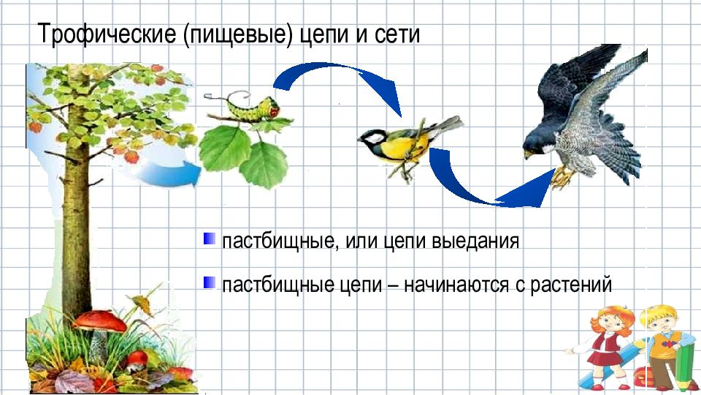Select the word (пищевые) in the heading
click(240, 35)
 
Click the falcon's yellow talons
click(561, 176)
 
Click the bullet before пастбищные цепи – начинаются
click(210, 282)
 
